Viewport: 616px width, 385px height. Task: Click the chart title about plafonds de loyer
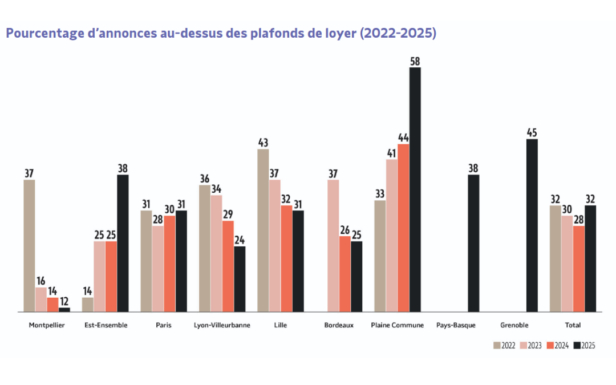click(221, 33)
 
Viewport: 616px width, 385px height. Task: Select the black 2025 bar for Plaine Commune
click(415, 189)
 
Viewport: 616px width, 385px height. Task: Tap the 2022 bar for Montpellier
click(29, 246)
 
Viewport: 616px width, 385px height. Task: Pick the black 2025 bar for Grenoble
click(532, 225)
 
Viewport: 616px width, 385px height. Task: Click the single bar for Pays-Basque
click(473, 243)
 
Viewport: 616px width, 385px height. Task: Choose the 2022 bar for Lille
click(263, 230)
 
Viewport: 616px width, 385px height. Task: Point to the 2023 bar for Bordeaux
click(333, 246)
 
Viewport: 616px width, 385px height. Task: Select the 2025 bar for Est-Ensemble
click(123, 243)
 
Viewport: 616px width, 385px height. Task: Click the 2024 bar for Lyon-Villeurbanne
click(228, 266)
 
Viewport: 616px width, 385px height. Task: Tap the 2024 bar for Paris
click(169, 264)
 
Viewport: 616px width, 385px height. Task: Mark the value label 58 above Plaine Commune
click(415, 61)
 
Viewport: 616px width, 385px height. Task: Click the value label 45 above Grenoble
click(532, 133)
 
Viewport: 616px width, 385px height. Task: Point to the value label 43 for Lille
click(263, 143)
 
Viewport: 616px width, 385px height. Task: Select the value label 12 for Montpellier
click(64, 301)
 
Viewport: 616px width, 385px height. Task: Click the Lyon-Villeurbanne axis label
click(222, 325)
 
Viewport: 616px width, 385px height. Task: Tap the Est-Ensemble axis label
click(106, 325)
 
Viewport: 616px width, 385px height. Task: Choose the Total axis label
click(573, 325)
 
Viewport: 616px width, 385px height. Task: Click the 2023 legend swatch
click(524, 345)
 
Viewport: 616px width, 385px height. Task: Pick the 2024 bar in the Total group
click(578, 269)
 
